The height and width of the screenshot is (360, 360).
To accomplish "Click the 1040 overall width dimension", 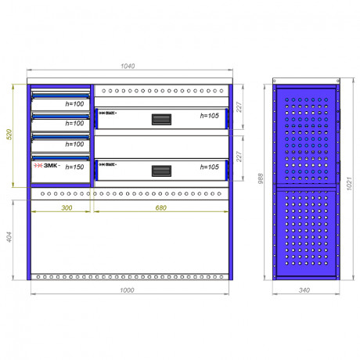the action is [x=128, y=66].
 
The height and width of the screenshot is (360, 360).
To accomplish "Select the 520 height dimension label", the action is [x=9, y=135].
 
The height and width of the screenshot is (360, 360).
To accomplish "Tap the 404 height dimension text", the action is [x=9, y=237].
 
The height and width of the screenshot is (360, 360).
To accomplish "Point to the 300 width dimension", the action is [x=67, y=207].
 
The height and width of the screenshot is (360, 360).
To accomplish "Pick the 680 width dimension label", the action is [x=160, y=207].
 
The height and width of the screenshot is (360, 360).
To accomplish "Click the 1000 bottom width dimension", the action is [x=127, y=290].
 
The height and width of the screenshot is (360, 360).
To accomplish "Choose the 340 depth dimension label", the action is [x=304, y=290].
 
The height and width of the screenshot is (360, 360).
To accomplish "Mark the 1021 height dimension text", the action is [x=350, y=183].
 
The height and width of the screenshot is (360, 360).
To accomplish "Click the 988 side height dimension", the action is [x=261, y=178].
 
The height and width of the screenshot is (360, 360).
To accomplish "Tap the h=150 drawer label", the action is [x=74, y=167].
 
